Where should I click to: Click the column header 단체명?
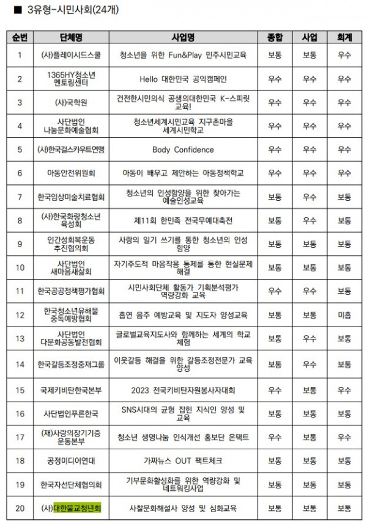click(72, 38)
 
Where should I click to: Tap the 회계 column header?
click(344, 38)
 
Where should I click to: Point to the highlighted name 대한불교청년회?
click(78, 507)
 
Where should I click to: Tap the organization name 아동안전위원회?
click(72, 173)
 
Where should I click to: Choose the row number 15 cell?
click(20, 389)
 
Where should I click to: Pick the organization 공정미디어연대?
click(72, 460)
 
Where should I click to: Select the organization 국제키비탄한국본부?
click(72, 389)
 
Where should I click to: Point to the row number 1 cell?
click(20, 55)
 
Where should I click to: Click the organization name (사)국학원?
click(72, 103)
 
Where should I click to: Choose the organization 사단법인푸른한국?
click(72, 413)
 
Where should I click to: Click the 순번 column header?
click(20, 38)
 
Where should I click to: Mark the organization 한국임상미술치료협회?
click(72, 197)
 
